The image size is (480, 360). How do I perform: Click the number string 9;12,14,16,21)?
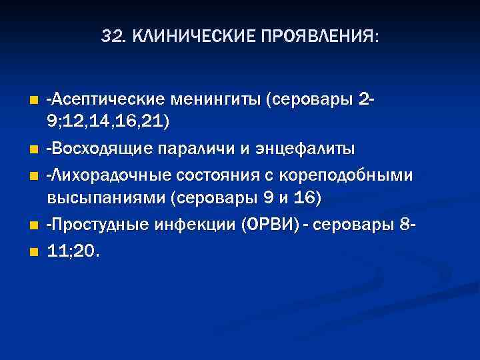pyautogui.click(x=109, y=122)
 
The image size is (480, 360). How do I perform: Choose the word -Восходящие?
pyautogui.click(x=98, y=148)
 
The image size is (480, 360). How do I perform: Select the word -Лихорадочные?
pyautogui.click(x=106, y=175)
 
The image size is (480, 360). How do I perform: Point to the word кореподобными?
pyautogui.click(x=342, y=175)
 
